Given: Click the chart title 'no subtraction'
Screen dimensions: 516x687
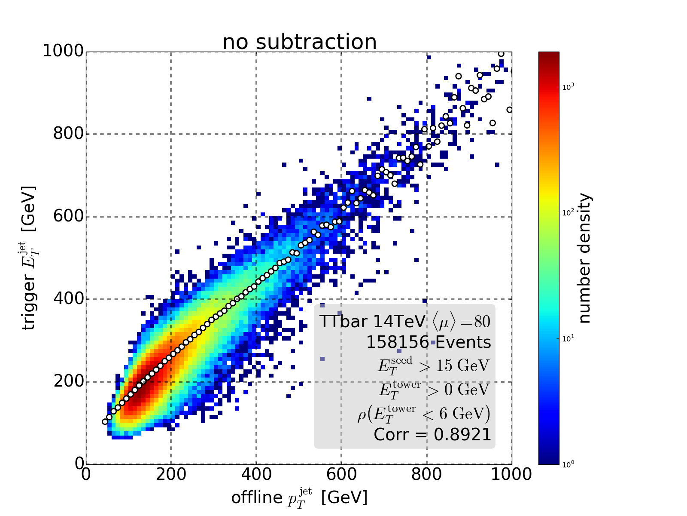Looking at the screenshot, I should [299, 42].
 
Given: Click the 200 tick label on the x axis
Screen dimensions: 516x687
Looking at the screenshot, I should [171, 474].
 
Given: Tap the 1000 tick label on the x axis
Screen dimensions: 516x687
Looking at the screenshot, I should [511, 474].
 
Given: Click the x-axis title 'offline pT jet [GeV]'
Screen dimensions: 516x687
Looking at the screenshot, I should [299, 498].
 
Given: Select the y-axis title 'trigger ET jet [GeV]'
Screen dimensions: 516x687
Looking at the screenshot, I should [29, 258].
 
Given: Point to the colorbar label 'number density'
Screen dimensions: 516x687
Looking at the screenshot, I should [585, 258].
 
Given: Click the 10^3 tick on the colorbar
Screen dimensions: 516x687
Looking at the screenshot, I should [568, 87].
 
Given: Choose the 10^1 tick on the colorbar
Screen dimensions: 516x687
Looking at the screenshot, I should [568, 338].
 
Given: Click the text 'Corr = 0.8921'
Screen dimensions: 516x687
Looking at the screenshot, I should [432, 435].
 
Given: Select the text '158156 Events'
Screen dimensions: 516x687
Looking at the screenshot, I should [429, 342].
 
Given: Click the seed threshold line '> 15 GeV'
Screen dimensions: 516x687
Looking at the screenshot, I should [434, 365].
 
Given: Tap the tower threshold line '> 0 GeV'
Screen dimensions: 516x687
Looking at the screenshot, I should [434, 389].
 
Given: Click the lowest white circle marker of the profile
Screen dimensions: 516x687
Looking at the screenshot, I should [105, 421].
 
